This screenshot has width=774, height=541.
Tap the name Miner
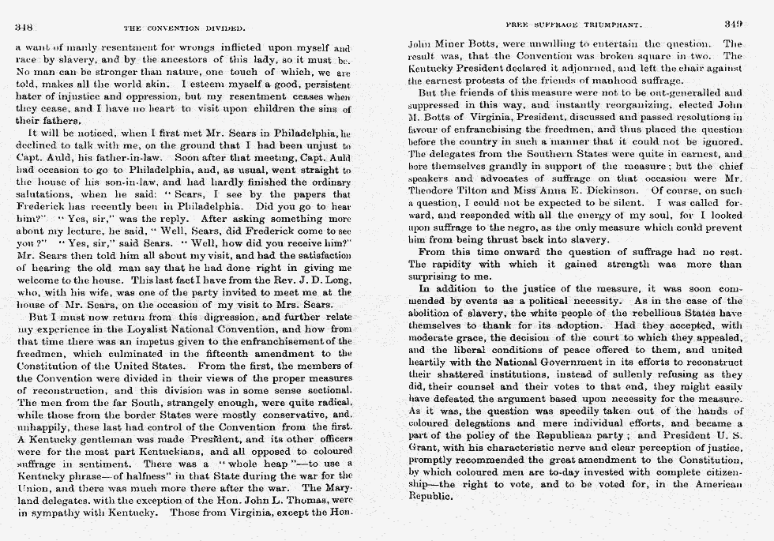pos(462,44)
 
